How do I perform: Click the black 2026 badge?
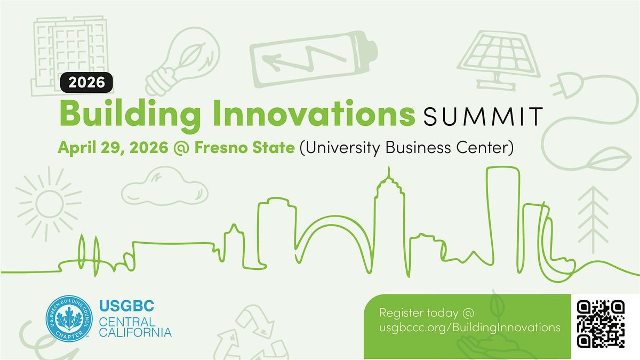coord(86,83)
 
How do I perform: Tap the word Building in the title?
coord(130,115)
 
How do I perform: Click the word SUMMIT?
coord(483,116)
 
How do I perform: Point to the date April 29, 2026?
coord(113,148)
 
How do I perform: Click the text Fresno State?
coord(244,147)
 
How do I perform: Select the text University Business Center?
coord(406,148)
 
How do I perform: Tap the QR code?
coord(601,324)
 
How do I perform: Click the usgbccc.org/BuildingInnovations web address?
coord(469,327)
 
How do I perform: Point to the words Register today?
coord(419,313)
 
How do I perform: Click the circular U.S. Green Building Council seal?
coord(69,318)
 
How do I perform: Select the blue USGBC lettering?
coord(126,306)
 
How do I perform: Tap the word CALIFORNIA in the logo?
coord(135,332)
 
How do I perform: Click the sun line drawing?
coord(49,204)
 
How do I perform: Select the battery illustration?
coord(314,59)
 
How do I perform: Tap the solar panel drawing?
coord(499,60)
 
